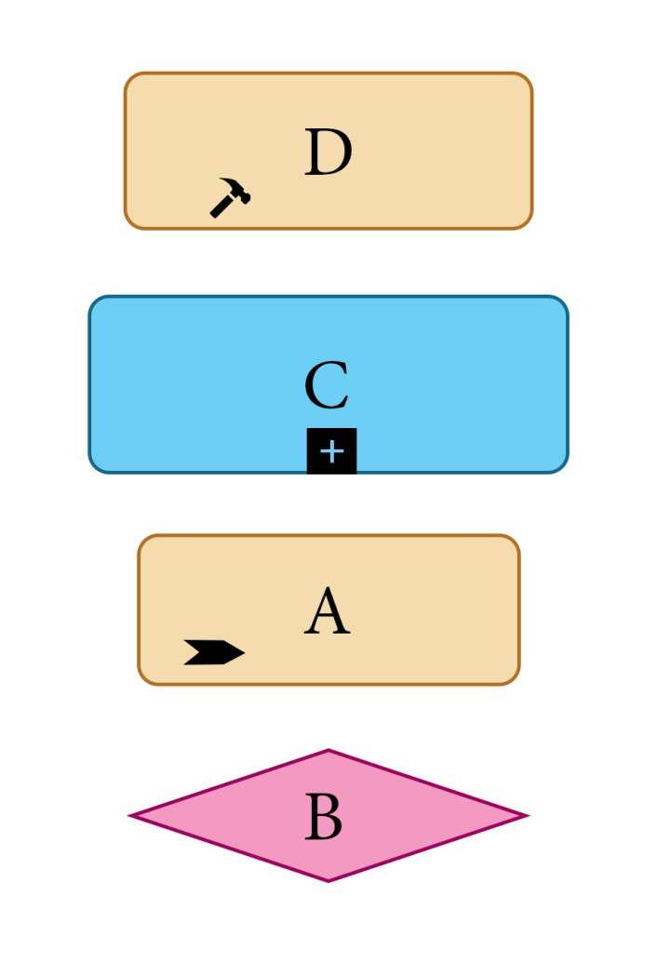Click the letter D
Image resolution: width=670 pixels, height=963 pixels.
pos(328,154)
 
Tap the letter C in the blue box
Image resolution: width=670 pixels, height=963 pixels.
pos(327,386)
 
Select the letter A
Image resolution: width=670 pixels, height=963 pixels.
pos(327,614)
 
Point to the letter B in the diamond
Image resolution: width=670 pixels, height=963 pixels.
pos(324,819)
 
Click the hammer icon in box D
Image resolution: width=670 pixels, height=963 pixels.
pos(229,197)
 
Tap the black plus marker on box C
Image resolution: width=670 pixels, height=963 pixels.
pos(331,451)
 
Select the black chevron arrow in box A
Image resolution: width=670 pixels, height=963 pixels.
pos(214,652)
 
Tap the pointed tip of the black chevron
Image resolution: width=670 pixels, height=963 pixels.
pos(244,652)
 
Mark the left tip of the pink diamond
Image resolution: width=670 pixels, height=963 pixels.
pos(132,816)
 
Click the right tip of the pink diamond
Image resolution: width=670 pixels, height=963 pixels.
pos(525,816)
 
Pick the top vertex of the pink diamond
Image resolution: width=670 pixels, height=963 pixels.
pos(328,751)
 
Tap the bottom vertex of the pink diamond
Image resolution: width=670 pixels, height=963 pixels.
pos(328,880)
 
